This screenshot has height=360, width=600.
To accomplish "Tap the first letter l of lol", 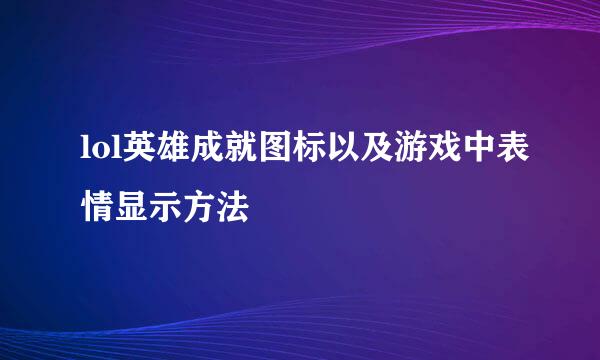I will tap(84, 151).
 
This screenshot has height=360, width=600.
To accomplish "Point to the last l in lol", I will tap(108, 151).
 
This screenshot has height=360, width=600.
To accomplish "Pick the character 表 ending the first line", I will tap(506, 151).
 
